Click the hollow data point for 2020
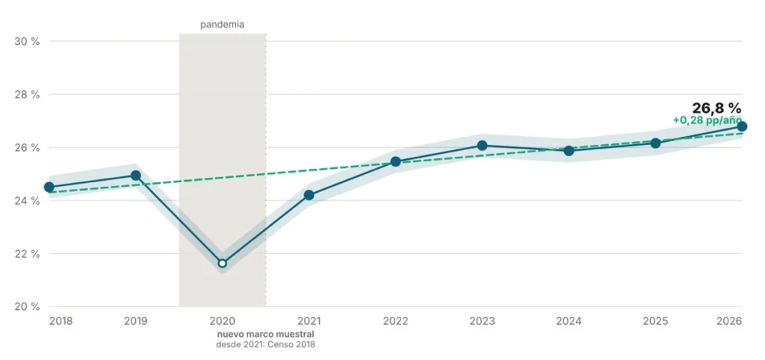(223, 264)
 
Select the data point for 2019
(136, 175)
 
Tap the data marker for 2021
(309, 195)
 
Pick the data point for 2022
(396, 161)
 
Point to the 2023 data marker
(482, 146)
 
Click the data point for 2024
(569, 151)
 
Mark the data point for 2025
(655, 143)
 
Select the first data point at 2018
(49, 187)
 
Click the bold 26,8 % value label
(716, 108)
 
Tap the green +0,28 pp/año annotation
(707, 120)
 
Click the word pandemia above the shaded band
(222, 25)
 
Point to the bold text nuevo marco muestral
(265, 335)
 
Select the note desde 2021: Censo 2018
(265, 344)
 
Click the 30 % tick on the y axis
(28, 41)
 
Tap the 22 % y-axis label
(28, 254)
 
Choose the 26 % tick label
(28, 147)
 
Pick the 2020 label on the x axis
(223, 321)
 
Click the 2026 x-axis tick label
(730, 321)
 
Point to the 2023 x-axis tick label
(482, 321)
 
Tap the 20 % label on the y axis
(28, 307)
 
